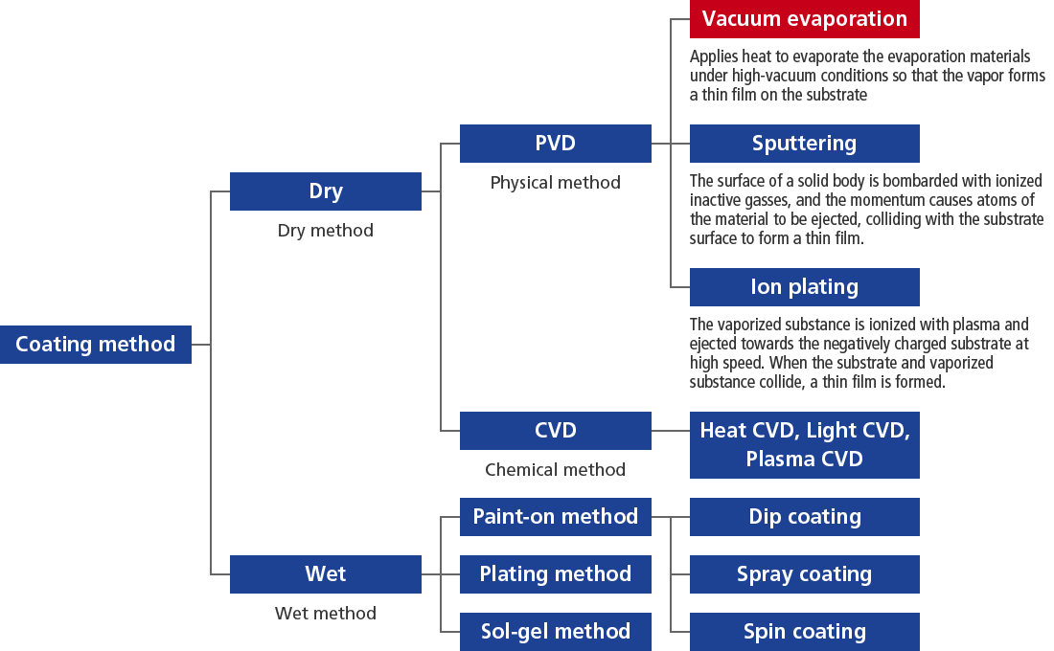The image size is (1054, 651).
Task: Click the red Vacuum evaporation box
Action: pyautogui.click(x=804, y=19)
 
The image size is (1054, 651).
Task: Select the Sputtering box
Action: pyautogui.click(x=804, y=143)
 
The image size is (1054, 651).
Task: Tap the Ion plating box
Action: pyautogui.click(x=804, y=287)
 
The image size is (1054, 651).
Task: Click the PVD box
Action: pyautogui.click(x=555, y=143)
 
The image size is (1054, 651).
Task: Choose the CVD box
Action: pyautogui.click(x=555, y=431)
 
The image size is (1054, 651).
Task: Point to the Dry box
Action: pyautogui.click(x=326, y=191)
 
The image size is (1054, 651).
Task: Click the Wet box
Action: pyautogui.click(x=326, y=574)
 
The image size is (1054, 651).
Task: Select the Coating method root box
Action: pyautogui.click(x=96, y=345)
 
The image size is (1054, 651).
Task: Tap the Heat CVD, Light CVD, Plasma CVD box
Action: pyautogui.click(x=804, y=445)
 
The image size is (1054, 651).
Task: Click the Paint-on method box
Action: pyautogui.click(x=555, y=517)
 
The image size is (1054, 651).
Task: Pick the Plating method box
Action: pyautogui.click(x=555, y=574)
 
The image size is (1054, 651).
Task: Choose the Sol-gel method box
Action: pyautogui.click(x=555, y=632)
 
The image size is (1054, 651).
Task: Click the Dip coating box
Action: pyautogui.click(x=804, y=517)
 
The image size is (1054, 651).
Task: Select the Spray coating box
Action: pyautogui.click(x=804, y=574)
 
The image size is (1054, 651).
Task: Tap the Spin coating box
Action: pyautogui.click(x=804, y=632)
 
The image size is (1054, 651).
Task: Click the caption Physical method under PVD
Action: pyautogui.click(x=555, y=183)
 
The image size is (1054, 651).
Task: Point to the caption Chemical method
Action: pyautogui.click(x=555, y=470)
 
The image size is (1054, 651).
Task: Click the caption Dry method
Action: pyautogui.click(x=326, y=231)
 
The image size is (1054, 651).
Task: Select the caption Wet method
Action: pyautogui.click(x=326, y=614)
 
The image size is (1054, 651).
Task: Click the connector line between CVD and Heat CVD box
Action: pyautogui.click(x=670, y=431)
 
